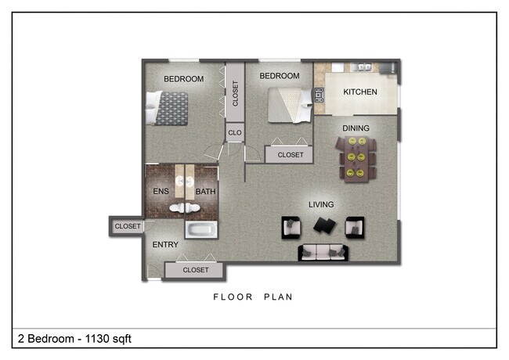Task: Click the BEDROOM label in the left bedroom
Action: point(183,79)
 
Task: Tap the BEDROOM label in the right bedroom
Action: point(280,76)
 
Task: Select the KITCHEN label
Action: point(360,92)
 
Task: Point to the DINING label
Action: point(356,128)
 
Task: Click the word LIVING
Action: point(321,205)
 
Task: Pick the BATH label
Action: point(205,192)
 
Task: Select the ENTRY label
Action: point(165,245)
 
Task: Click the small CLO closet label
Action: point(235,133)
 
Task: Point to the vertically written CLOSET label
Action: point(235,93)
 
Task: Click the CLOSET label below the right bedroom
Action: point(290,155)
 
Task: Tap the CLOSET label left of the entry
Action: point(128,227)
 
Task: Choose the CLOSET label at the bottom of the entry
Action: point(196,270)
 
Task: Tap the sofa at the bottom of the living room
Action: point(323,252)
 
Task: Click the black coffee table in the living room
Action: point(323,226)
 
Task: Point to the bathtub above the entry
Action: point(201,229)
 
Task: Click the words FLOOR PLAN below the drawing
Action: point(253,297)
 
